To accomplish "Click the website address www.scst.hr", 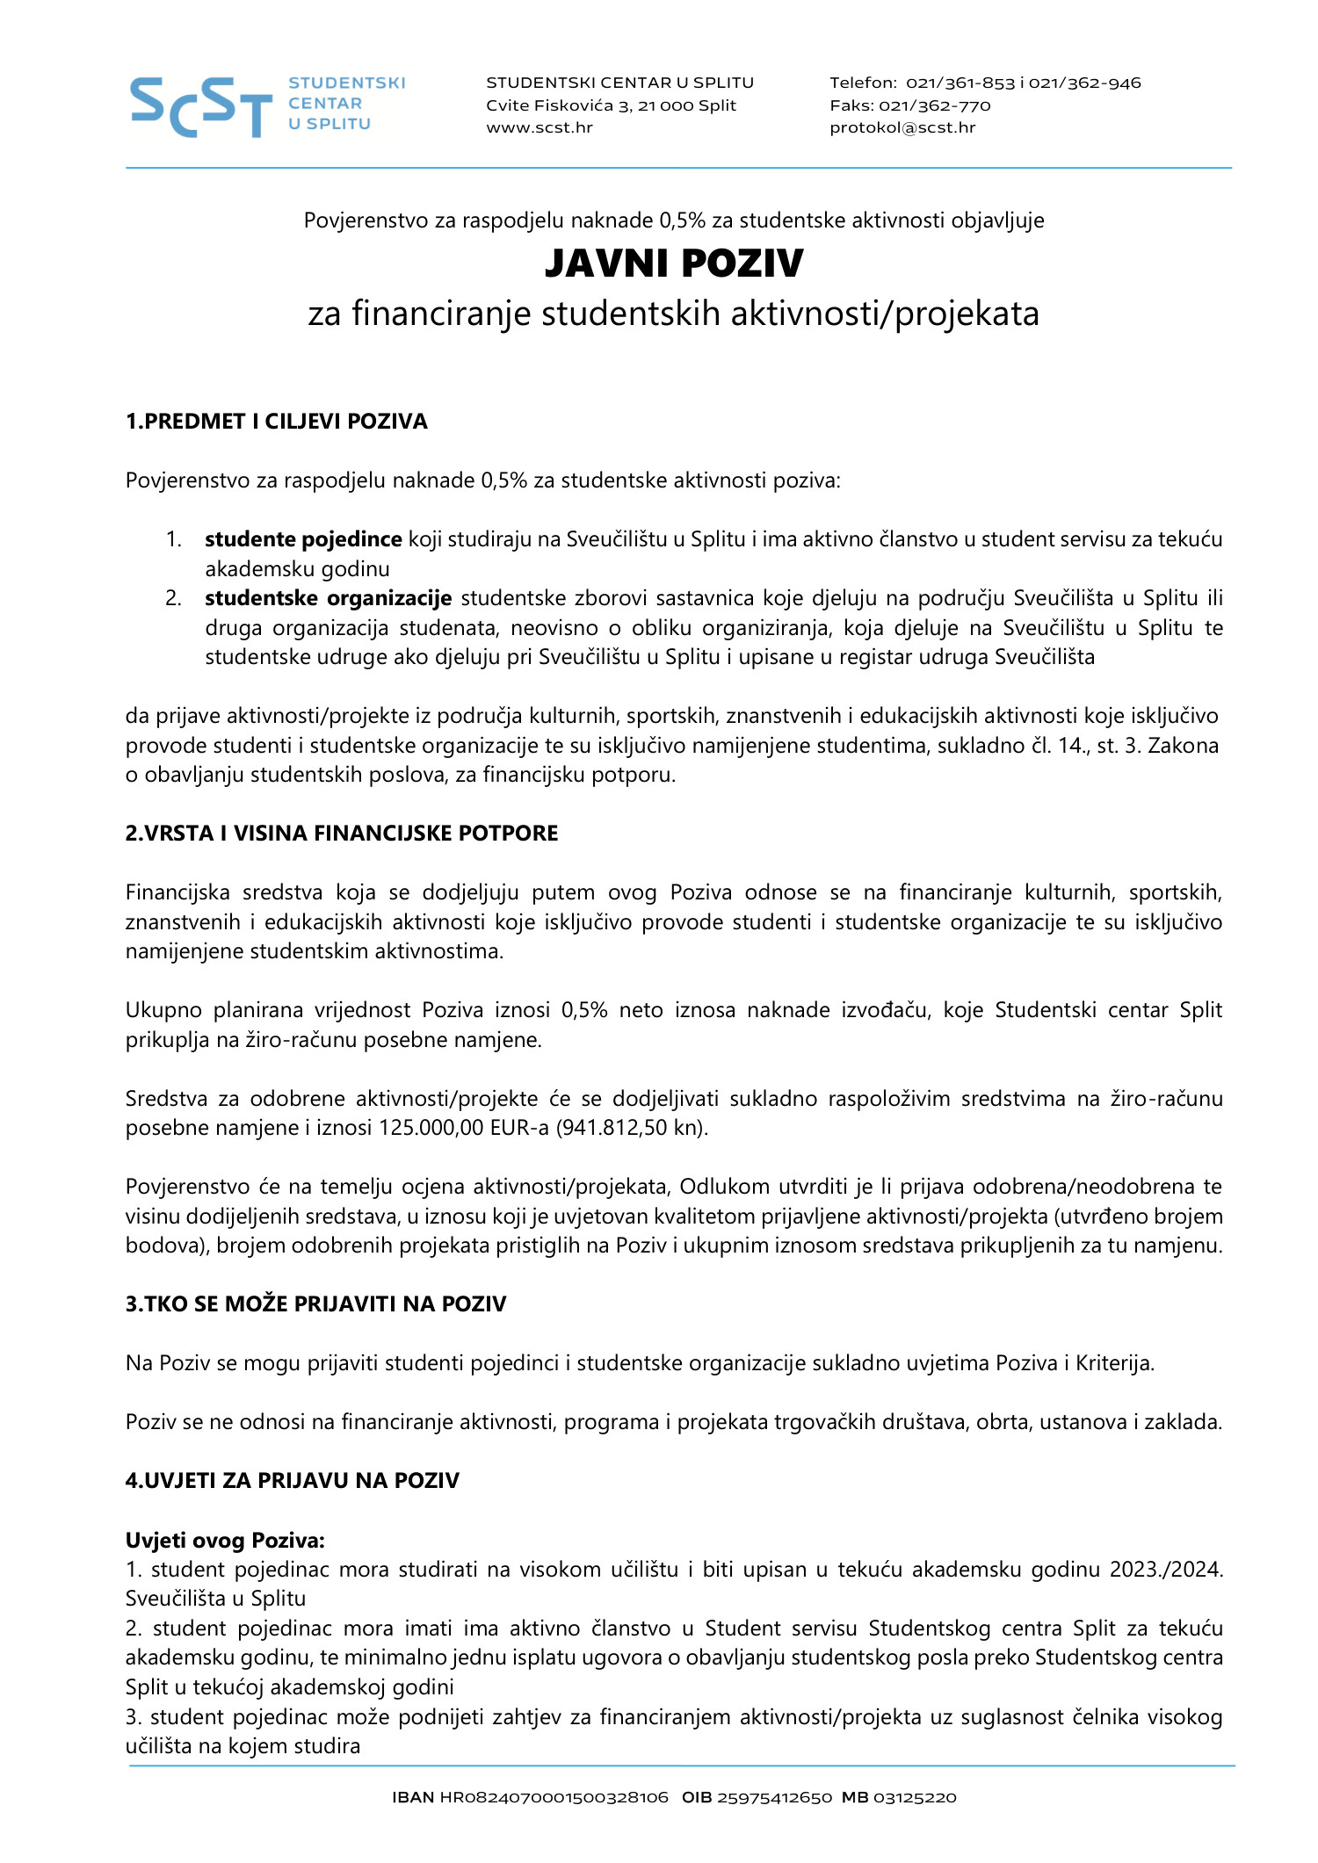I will [x=540, y=127].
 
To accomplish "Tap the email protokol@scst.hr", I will [x=902, y=127].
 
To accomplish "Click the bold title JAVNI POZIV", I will [x=674, y=264].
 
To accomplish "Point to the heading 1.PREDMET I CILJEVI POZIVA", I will [x=276, y=422].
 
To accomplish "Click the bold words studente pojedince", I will [x=303, y=539].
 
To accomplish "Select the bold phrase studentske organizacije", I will [x=329, y=598].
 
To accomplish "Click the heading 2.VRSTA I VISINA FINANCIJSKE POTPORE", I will [x=342, y=834].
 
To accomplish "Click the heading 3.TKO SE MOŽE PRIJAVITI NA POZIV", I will [x=315, y=1304].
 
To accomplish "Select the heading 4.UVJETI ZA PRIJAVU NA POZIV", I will [x=292, y=1481].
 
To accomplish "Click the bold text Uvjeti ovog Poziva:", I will [x=225, y=1541].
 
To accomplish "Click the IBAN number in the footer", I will [x=554, y=1798].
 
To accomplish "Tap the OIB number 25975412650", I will [x=774, y=1798].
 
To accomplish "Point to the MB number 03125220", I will [x=915, y=1798].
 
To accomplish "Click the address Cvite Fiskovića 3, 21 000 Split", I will [x=611, y=105].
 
